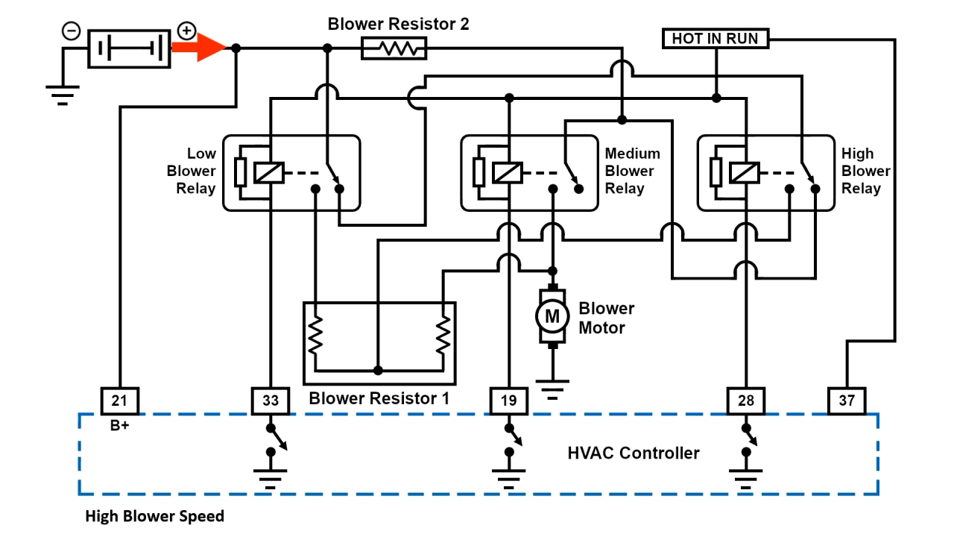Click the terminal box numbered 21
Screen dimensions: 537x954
119,401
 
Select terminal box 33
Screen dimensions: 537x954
271,401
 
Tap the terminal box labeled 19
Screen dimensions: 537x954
508,401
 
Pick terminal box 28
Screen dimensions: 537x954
745,401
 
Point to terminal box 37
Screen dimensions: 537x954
847,401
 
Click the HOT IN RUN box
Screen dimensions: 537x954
715,38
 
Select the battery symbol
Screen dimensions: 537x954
129,48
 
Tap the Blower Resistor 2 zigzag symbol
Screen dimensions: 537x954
394,48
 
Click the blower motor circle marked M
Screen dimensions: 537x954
552,316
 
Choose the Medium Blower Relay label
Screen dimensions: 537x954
632,171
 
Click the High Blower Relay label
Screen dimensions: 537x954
865,171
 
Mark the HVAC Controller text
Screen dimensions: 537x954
634,453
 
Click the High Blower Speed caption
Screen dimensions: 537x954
154,516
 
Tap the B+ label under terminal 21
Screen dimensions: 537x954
119,427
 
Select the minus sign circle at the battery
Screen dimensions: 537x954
71,31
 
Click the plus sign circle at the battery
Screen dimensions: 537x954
186,31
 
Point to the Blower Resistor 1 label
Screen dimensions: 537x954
379,398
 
